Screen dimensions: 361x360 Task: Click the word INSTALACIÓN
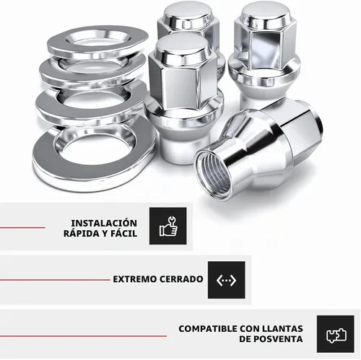(x=104, y=223)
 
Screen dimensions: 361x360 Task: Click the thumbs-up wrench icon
(x=168, y=226)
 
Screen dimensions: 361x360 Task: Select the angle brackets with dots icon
(x=226, y=280)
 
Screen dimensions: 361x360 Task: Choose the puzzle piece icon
(x=336, y=335)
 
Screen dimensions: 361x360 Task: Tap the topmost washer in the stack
(x=97, y=41)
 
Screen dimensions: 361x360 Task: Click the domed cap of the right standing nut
(x=266, y=13)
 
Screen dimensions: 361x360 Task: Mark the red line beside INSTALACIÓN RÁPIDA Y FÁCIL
(x=22, y=227)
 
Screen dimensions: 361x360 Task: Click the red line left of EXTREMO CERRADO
(x=55, y=280)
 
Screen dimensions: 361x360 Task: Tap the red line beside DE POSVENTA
(x=83, y=335)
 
